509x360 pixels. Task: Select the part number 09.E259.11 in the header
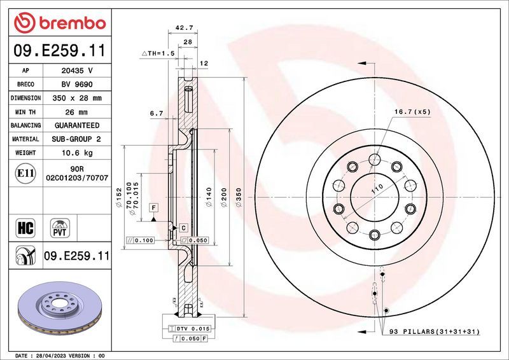[59, 50]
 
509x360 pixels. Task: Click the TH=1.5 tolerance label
[158, 54]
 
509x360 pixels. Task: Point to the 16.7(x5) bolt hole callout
[412, 111]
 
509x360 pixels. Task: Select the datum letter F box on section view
[153, 207]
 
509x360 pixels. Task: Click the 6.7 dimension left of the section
[157, 113]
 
